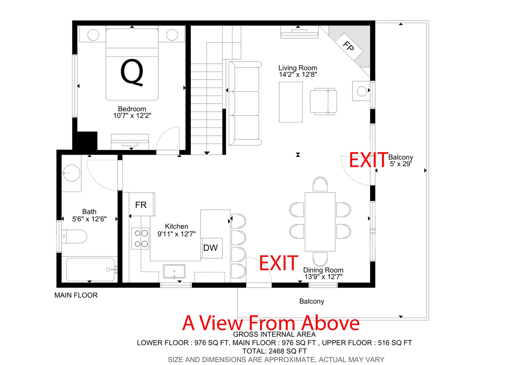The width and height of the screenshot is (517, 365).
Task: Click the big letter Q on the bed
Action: click(x=132, y=72)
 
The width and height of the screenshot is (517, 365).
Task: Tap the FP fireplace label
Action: click(x=349, y=46)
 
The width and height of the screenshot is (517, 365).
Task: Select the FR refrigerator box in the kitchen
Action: click(x=142, y=204)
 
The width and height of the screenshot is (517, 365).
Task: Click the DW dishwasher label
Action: click(x=210, y=248)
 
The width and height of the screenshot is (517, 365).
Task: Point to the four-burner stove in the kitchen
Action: click(x=140, y=238)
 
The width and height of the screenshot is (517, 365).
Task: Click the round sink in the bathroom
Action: click(x=71, y=173)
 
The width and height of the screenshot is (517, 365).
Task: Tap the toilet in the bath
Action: click(x=74, y=236)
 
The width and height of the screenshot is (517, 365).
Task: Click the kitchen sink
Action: click(x=174, y=271)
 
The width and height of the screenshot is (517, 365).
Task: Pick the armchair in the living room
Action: click(x=323, y=101)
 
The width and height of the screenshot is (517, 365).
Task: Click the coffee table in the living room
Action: click(x=291, y=102)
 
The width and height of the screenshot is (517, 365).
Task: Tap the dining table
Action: click(x=320, y=222)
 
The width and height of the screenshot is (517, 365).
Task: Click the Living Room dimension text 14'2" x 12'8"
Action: click(x=298, y=74)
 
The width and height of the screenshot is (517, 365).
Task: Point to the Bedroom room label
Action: click(x=132, y=109)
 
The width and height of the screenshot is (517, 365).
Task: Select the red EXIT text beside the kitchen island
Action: click(x=279, y=263)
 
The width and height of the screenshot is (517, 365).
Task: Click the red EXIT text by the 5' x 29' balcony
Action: click(x=368, y=160)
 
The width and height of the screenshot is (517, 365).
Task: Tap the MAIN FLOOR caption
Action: click(x=76, y=295)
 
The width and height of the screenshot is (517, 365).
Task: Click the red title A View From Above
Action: click(x=271, y=323)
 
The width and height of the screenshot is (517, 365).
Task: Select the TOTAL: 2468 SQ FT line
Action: click(x=274, y=351)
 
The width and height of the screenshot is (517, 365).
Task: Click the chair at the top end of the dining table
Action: click(x=320, y=184)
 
